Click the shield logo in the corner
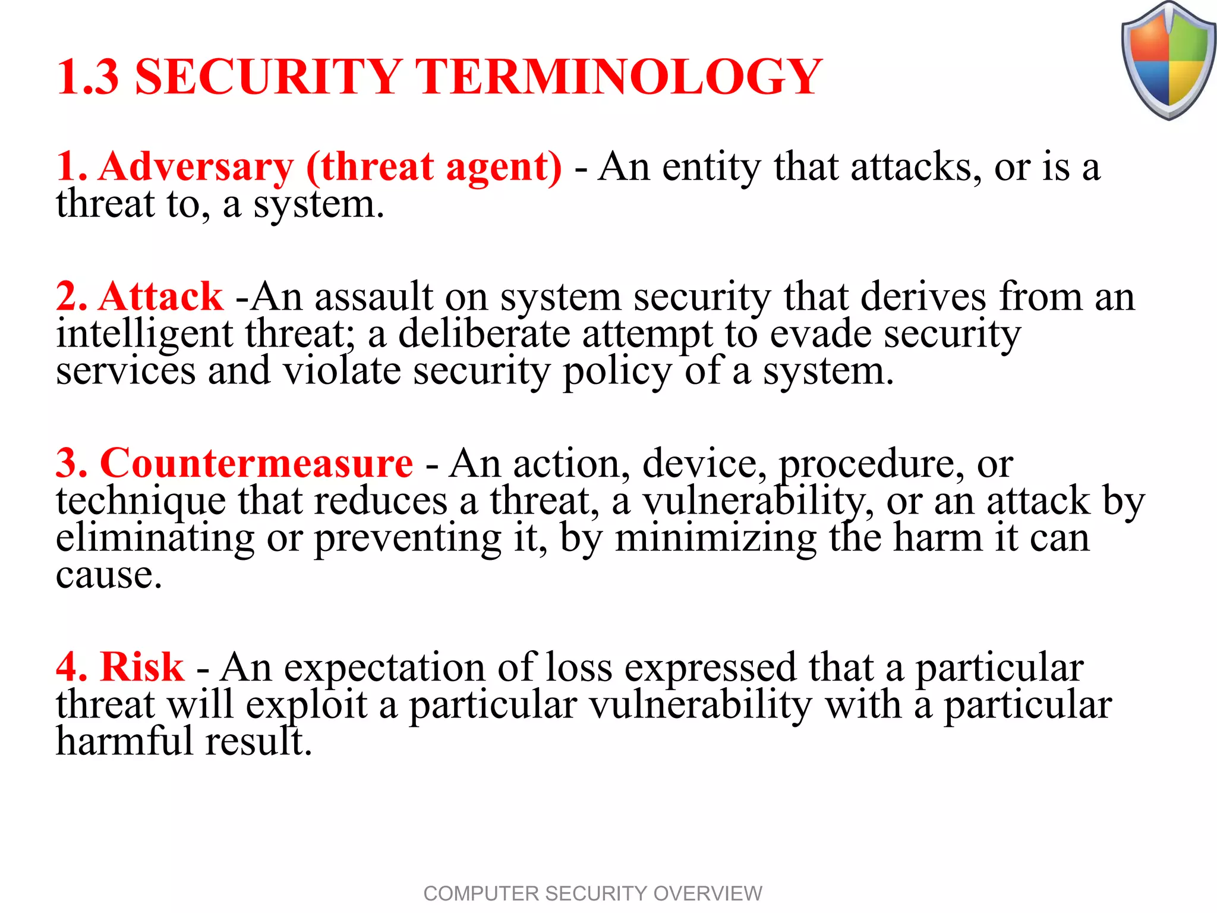[x=1168, y=61]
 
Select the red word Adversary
[x=196, y=167]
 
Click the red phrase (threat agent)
[x=434, y=167]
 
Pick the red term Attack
[x=160, y=297]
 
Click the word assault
[x=374, y=297]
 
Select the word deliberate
[x=484, y=334]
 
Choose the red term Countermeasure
[x=256, y=463]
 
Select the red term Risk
[x=141, y=667]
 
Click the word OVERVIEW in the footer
[x=707, y=893]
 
